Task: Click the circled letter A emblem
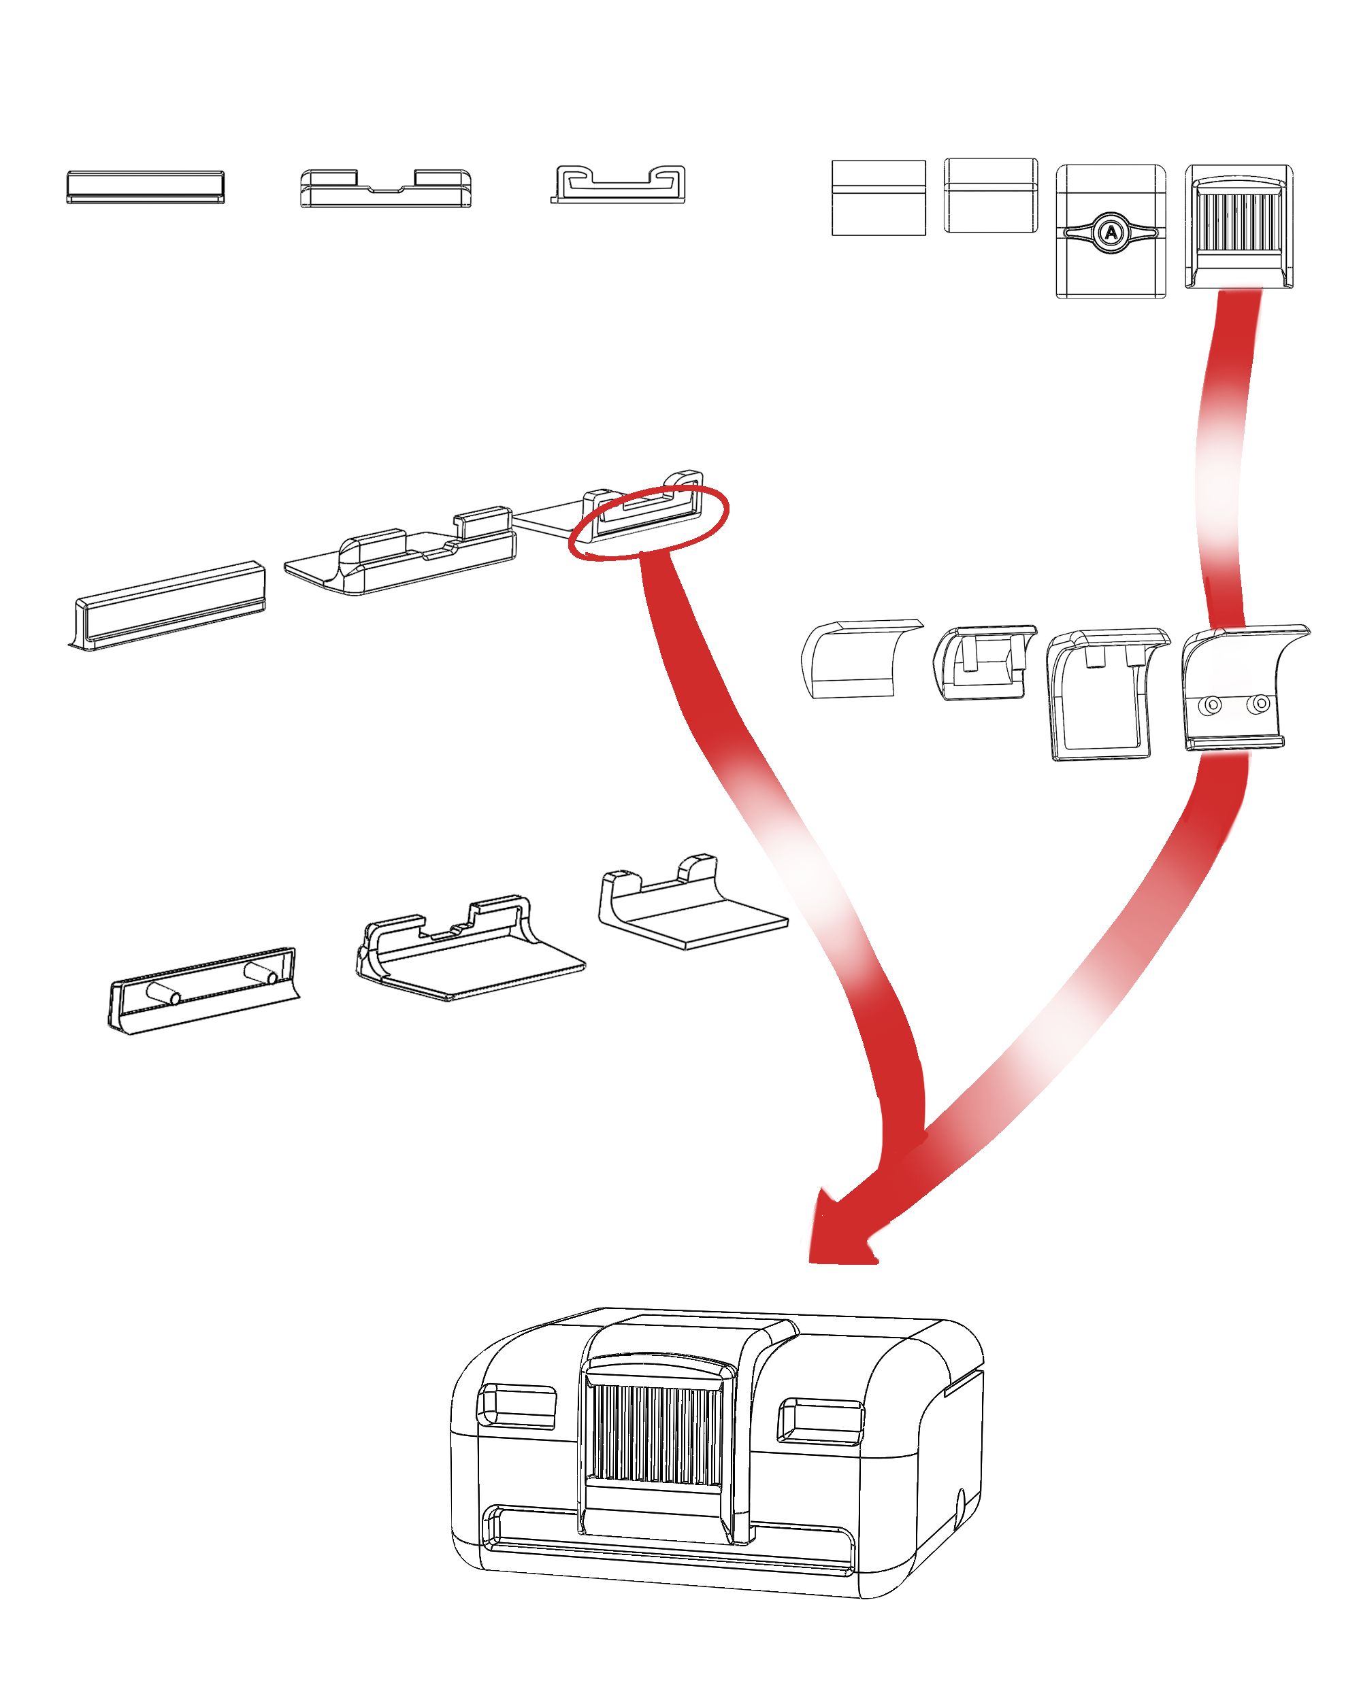[x=1110, y=233]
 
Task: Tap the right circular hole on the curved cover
[x=1261, y=702]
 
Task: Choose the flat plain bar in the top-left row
[x=145, y=187]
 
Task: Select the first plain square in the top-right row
[x=878, y=198]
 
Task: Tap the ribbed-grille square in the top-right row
[x=1238, y=226]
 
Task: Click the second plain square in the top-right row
[x=990, y=196]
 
